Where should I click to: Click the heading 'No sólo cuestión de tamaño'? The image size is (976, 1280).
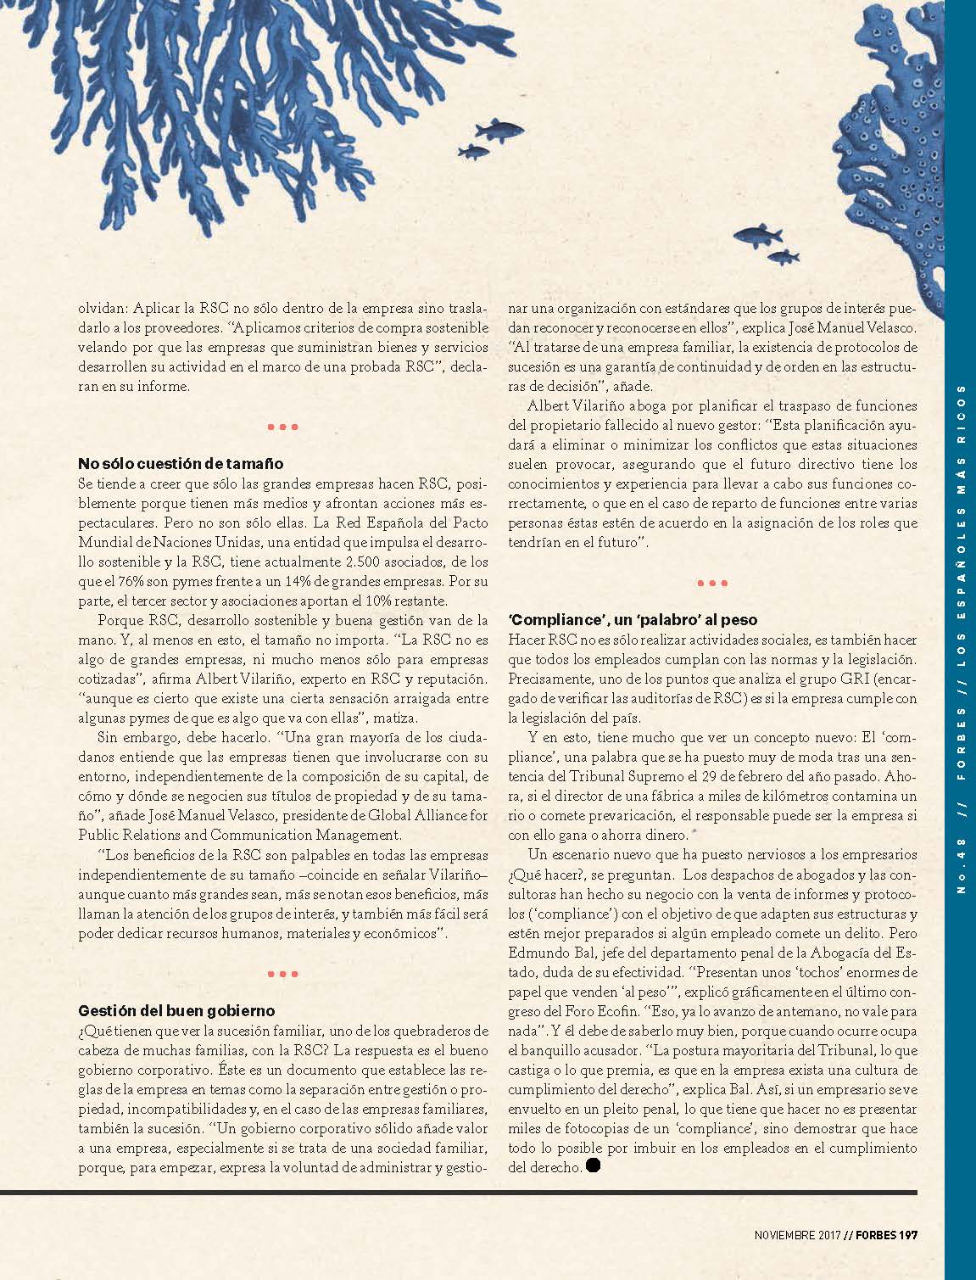[181, 464]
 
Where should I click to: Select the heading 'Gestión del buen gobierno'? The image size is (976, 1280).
[176, 1010]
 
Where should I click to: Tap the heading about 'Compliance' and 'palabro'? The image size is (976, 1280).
[633, 620]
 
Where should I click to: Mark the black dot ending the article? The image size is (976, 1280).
[593, 1165]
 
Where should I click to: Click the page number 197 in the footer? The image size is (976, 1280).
[909, 1235]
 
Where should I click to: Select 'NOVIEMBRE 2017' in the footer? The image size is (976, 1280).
[797, 1235]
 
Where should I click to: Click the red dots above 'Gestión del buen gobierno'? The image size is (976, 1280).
[282, 974]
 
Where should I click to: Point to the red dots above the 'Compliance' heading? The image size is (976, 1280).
[711, 584]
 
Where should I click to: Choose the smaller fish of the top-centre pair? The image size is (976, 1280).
[473, 152]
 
